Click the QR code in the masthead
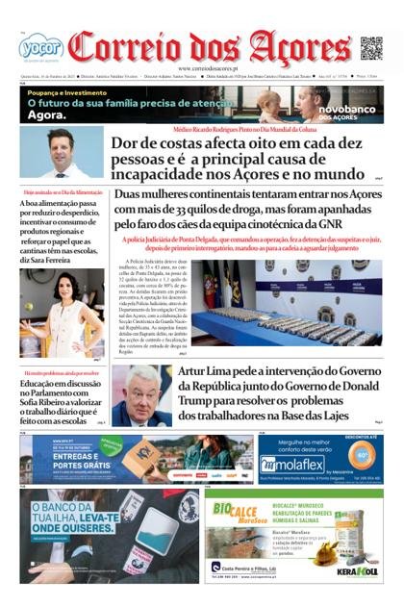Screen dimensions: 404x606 [370, 48]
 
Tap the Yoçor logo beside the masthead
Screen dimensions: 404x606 [39, 46]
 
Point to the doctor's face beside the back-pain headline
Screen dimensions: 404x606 [61, 145]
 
